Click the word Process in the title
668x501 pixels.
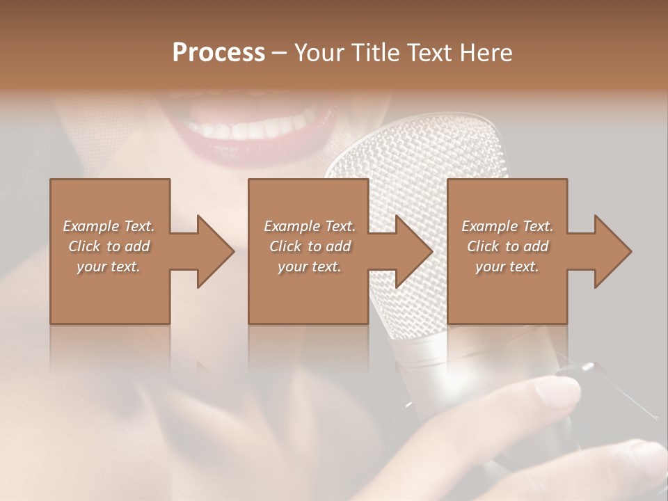click(x=218, y=52)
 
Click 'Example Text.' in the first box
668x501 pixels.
click(x=109, y=226)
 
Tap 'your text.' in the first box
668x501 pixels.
click(x=109, y=267)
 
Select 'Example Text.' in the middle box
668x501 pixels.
click(x=310, y=226)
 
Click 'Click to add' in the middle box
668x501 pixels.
click(x=310, y=246)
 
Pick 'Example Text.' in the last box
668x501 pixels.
click(x=507, y=226)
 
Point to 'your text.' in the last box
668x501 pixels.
click(x=507, y=267)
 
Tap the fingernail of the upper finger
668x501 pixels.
click(x=561, y=391)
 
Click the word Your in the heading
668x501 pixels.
click(x=319, y=52)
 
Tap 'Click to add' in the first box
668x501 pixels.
click(x=109, y=246)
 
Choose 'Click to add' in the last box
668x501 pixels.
click(x=507, y=246)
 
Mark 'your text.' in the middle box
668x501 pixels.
click(x=310, y=267)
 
